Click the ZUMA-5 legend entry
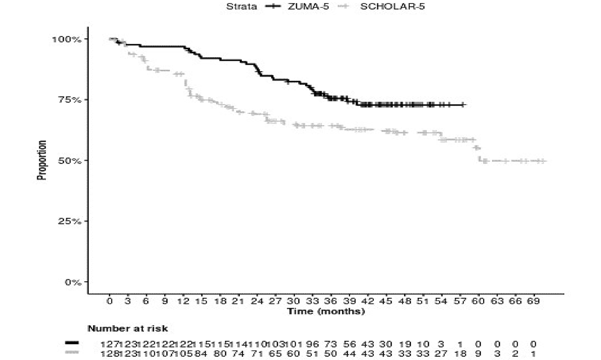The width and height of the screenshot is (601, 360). pyautogui.click(x=308, y=6)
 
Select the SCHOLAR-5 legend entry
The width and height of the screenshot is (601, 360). pyautogui.click(x=392, y=6)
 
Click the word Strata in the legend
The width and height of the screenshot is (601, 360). pyautogui.click(x=241, y=6)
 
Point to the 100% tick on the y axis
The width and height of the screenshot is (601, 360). pyautogui.click(x=66, y=39)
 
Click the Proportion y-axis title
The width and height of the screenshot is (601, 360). pyautogui.click(x=42, y=160)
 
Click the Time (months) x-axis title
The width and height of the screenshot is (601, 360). pyautogui.click(x=326, y=312)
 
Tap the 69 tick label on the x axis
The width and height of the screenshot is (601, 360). pyautogui.click(x=533, y=301)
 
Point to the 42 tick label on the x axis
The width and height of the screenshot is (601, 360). pyautogui.click(x=367, y=301)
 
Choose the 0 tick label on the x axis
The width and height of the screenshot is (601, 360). pyautogui.click(x=109, y=301)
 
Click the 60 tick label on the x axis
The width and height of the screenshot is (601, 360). pyautogui.click(x=478, y=301)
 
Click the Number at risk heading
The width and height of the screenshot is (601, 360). pyautogui.click(x=127, y=329)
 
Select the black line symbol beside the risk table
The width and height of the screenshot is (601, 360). pyautogui.click(x=72, y=343)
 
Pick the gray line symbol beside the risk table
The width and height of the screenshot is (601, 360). pyautogui.click(x=72, y=353)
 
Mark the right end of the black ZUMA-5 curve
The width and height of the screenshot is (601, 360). pyautogui.click(x=465, y=105)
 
